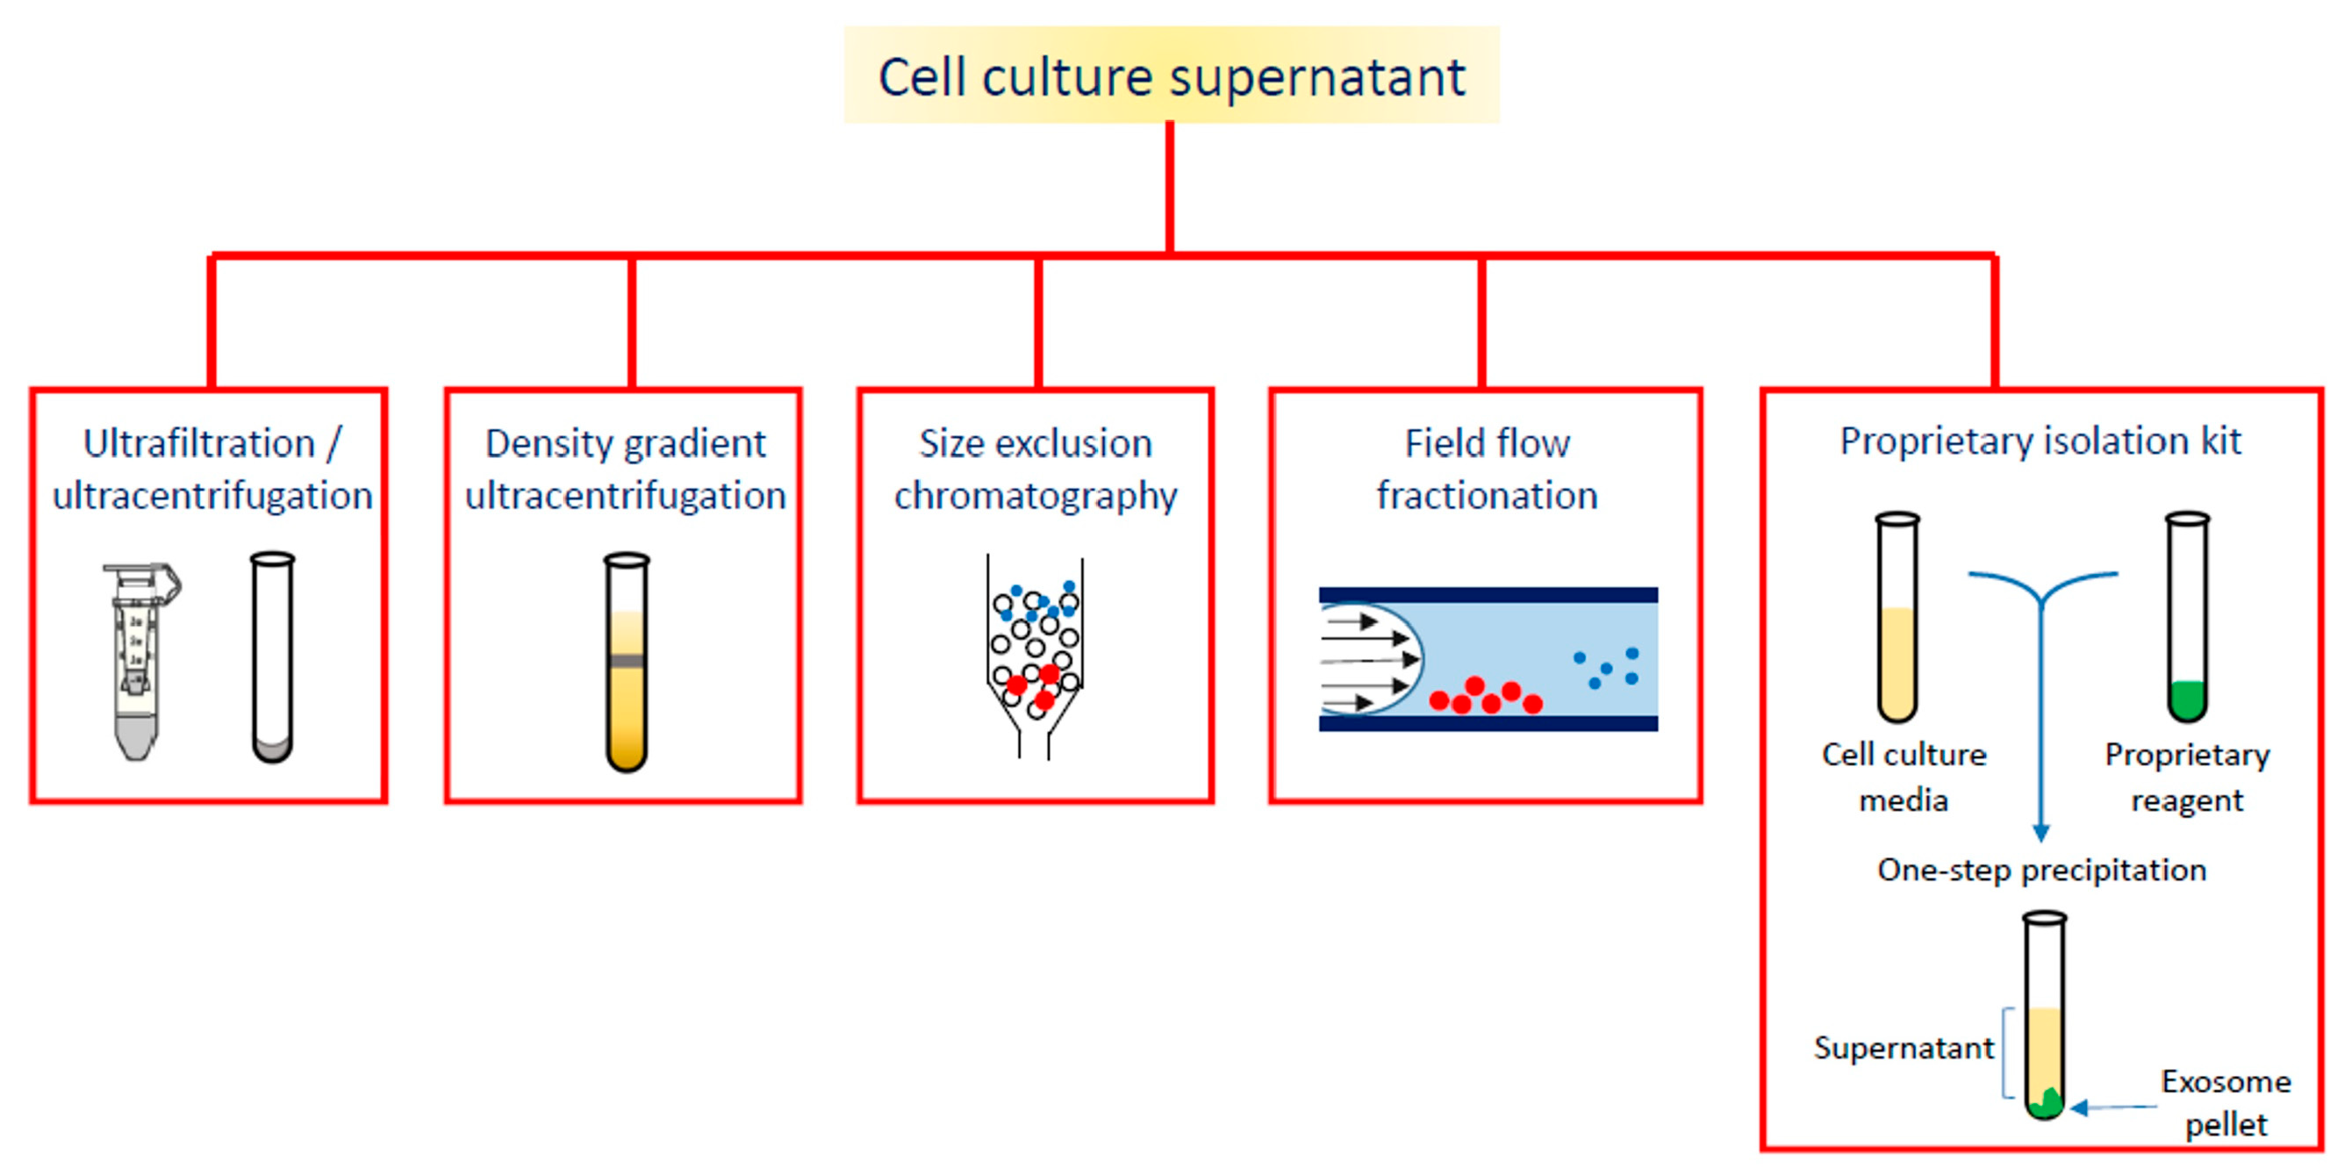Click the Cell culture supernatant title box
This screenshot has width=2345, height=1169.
coord(1171,75)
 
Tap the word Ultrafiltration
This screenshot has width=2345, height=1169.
coord(198,443)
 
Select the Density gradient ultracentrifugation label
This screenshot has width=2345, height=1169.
coord(626,470)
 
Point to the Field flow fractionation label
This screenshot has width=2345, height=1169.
coord(1487,470)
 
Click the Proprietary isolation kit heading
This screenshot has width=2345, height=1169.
coord(2040,441)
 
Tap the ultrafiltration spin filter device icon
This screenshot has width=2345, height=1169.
coord(139,660)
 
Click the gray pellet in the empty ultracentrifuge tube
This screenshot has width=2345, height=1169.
coord(272,749)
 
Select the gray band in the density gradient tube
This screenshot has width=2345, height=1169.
coord(627,660)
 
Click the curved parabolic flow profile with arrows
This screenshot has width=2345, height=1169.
coord(1370,659)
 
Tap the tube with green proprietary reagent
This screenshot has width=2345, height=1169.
coord(2187,619)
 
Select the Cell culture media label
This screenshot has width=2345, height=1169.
coord(1904,777)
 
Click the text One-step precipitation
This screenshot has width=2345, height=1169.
coord(2041,871)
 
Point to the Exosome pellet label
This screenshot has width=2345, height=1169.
coord(2226,1102)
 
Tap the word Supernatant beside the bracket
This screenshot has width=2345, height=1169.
coord(1904,1048)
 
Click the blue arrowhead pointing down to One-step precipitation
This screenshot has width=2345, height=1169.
coord(2041,832)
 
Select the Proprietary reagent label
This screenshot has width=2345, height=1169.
coord(2187,777)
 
